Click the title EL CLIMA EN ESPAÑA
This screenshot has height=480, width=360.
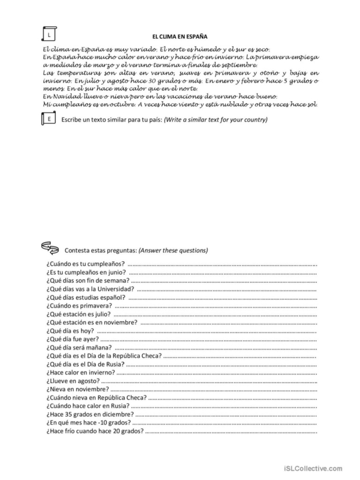pyautogui.click(x=180, y=36)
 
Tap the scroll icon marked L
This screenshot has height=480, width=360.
pyautogui.click(x=49, y=35)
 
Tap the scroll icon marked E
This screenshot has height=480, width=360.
pyautogui.click(x=49, y=120)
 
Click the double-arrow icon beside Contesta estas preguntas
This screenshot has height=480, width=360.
pyautogui.click(x=50, y=247)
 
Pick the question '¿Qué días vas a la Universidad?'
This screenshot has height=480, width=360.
pyautogui.click(x=90, y=289)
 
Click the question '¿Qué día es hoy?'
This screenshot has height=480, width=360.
pyautogui.click(x=70, y=331)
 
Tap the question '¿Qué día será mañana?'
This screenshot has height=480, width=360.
pyautogui.click(x=79, y=348)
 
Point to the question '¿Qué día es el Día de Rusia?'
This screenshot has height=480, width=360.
pyautogui.click(x=85, y=364)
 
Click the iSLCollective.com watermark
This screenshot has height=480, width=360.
pyautogui.click(x=313, y=468)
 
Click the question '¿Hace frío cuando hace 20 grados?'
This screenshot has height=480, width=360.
pyautogui.click(x=95, y=431)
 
